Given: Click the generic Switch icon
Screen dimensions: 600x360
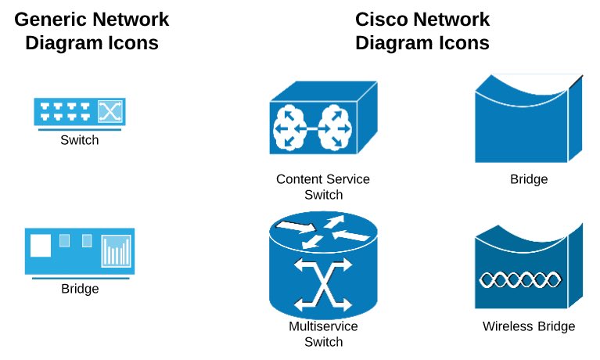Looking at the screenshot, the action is tap(80, 112).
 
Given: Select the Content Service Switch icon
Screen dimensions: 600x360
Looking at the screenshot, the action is tap(323, 118).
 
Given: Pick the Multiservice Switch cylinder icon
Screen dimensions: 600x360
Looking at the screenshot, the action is tap(323, 265).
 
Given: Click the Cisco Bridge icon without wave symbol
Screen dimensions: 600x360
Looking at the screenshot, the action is tap(529, 119).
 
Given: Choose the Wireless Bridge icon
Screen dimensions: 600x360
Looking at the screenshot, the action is tap(529, 266).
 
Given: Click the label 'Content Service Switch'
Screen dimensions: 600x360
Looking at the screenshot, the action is tap(323, 187).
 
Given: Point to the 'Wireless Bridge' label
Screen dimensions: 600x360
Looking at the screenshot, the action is tap(529, 326).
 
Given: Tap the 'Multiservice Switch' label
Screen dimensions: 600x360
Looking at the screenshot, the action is tap(323, 334).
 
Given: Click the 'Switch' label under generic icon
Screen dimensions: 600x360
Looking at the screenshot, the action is tap(80, 140).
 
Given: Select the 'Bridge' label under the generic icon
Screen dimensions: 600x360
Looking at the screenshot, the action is tap(80, 288).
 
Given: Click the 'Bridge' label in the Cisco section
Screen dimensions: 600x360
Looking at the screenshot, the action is tap(529, 179).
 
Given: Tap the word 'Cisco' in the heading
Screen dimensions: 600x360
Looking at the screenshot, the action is tap(380, 20).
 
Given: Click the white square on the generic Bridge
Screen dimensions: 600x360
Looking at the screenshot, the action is tap(41, 246).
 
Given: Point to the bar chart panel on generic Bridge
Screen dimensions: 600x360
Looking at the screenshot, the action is tap(117, 251).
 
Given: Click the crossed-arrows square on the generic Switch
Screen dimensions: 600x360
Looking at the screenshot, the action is tap(110, 111).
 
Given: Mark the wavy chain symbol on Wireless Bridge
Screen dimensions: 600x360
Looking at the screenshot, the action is tap(520, 279).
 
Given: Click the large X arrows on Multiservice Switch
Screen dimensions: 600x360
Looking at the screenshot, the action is tap(323, 284).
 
